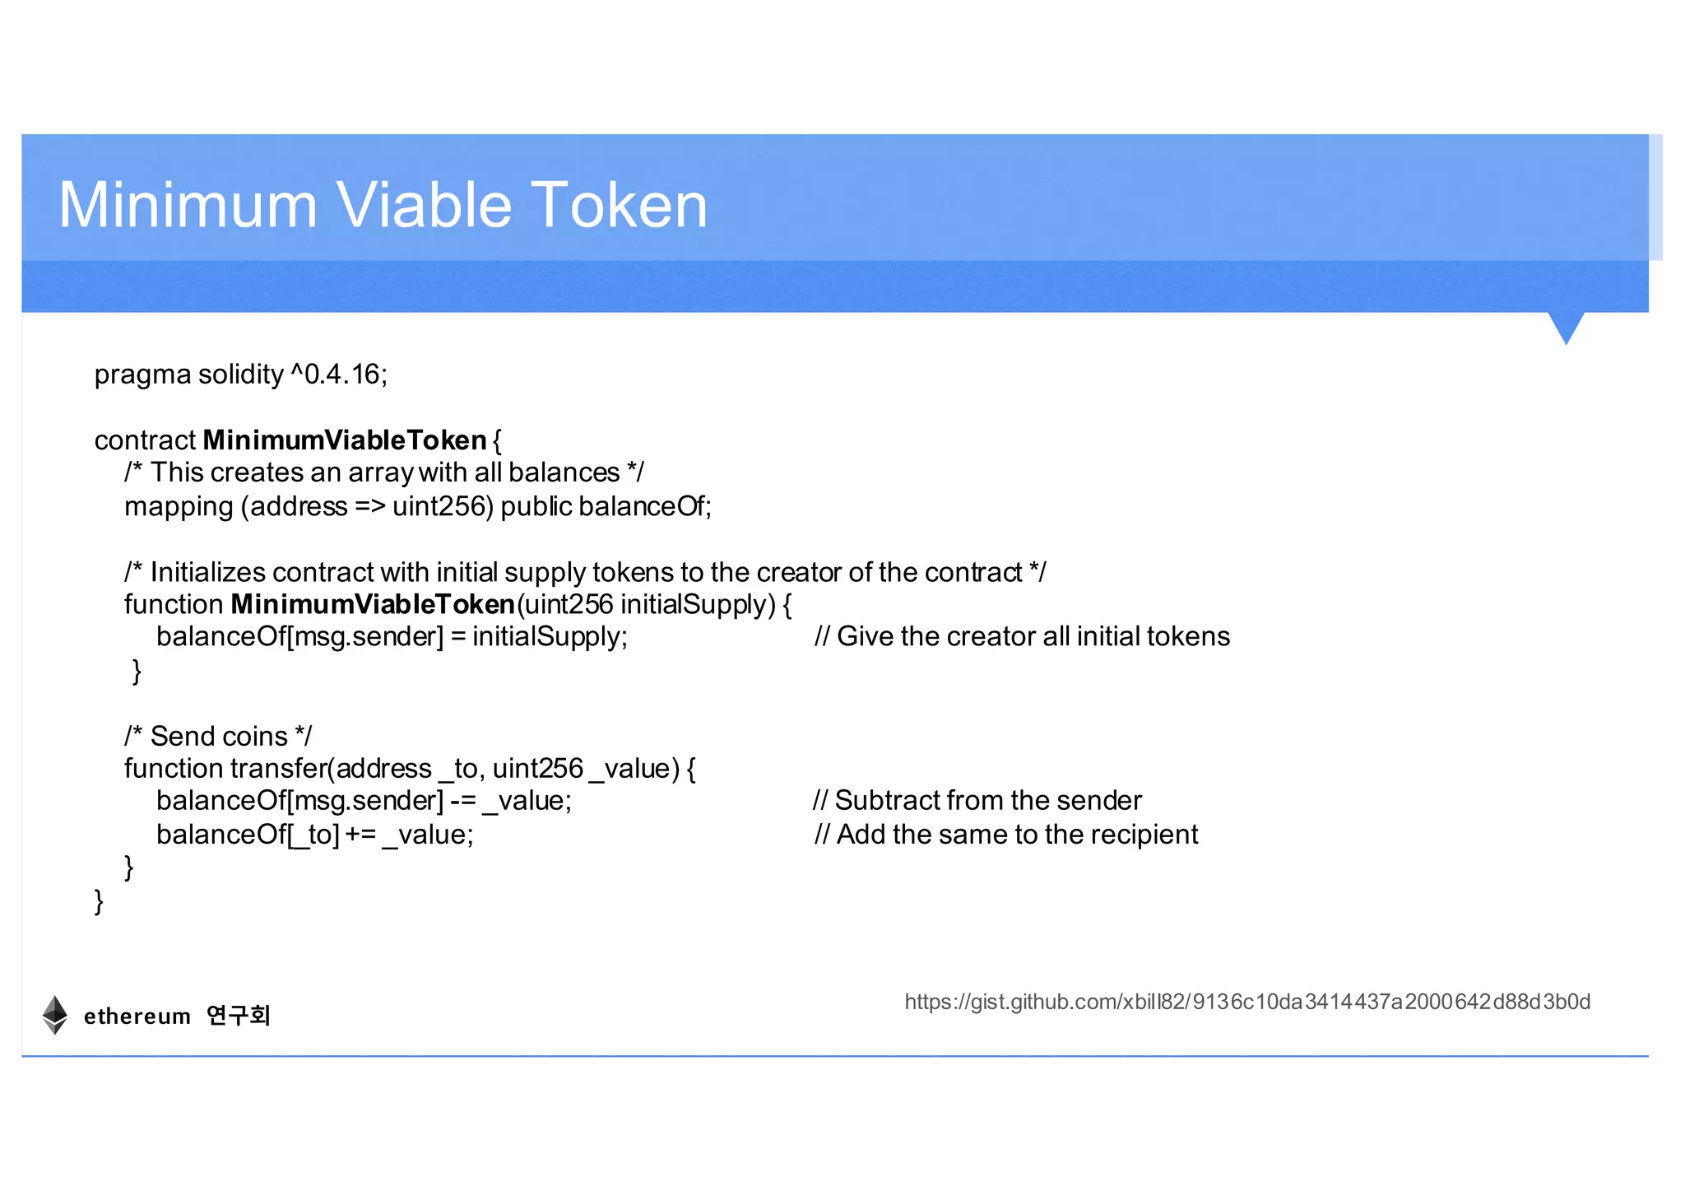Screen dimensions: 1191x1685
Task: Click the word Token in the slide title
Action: click(618, 205)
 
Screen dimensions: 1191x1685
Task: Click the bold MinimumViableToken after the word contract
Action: click(345, 440)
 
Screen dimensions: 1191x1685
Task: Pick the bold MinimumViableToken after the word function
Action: click(373, 604)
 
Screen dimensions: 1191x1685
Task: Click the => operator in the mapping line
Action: click(369, 506)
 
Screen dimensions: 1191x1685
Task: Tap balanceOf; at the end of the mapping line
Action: click(645, 506)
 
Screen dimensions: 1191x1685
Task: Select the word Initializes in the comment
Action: click(208, 572)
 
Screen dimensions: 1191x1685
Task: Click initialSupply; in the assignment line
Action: click(550, 637)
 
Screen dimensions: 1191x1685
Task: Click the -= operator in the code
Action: click(462, 801)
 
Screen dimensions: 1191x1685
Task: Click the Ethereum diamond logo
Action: click(55, 1015)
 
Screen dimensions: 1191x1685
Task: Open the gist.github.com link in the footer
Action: click(1247, 1002)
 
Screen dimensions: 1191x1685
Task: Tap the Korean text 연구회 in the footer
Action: click(239, 1016)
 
